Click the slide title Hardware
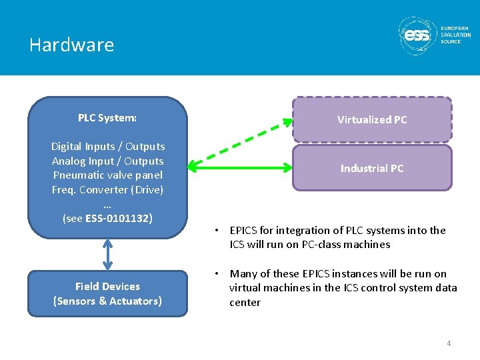click(x=71, y=45)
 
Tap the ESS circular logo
click(x=417, y=35)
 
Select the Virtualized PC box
click(x=372, y=120)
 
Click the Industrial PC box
click(x=372, y=169)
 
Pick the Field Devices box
click(x=107, y=293)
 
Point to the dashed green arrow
click(x=240, y=141)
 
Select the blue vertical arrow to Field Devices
click(x=107, y=254)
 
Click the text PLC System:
click(x=107, y=118)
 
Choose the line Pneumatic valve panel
click(x=107, y=175)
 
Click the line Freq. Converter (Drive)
click(x=107, y=189)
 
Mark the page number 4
click(x=449, y=343)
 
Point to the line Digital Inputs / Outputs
click(x=107, y=146)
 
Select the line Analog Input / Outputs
click(x=107, y=161)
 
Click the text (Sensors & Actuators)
click(x=107, y=301)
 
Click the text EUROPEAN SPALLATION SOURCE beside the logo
click(x=455, y=35)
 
